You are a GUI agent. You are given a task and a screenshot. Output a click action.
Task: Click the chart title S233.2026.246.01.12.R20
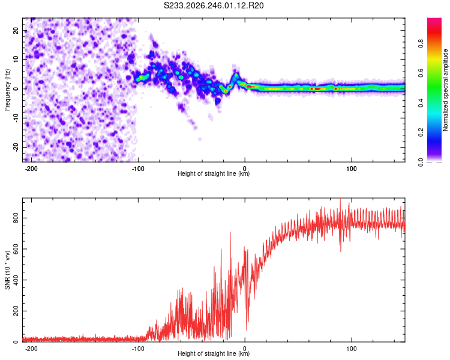coord(214,5)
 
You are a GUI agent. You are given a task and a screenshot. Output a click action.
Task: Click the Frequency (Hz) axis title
coord(7,90)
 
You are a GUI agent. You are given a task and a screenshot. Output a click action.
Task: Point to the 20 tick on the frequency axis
coord(16,31)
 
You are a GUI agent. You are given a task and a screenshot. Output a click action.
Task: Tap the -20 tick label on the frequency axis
coord(16,147)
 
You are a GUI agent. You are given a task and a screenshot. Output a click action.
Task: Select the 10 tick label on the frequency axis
coord(16,59)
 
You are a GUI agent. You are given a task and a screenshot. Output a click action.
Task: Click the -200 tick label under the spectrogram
coord(31,169)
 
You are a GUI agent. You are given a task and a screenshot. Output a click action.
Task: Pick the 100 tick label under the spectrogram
coord(351,169)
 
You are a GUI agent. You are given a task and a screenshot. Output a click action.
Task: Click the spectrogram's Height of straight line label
coord(214,173)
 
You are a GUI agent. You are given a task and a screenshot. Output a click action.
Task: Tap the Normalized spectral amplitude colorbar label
coord(445,90)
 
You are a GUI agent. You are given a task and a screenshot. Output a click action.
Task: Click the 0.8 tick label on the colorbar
coord(421,44)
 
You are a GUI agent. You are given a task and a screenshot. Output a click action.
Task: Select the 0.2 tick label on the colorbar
coord(421,133)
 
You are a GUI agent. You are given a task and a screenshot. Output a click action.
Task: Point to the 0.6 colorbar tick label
coord(421,73)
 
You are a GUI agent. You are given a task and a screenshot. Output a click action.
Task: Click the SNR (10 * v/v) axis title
coord(7,270)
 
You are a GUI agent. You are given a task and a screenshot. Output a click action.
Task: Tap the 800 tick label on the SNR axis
coord(16,218)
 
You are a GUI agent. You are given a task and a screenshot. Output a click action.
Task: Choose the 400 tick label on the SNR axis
coord(16,280)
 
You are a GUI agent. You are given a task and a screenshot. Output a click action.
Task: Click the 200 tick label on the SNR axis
coord(16,311)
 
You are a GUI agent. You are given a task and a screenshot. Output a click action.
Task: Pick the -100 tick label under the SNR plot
coord(138,349)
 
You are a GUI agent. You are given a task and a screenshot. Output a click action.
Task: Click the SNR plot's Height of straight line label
coord(214,353)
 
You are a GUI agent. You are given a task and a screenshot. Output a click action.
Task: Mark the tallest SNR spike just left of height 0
coord(230,232)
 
